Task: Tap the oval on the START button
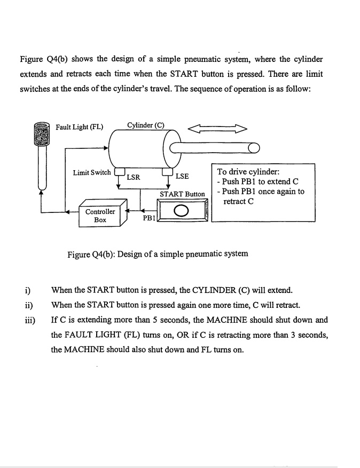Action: click(182, 211)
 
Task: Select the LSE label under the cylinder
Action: click(182, 176)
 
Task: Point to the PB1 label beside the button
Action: click(148, 218)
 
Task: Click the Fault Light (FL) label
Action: click(80, 126)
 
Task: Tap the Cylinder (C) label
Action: click(146, 125)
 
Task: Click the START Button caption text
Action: click(182, 194)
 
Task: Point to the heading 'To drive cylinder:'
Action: click(248, 172)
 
